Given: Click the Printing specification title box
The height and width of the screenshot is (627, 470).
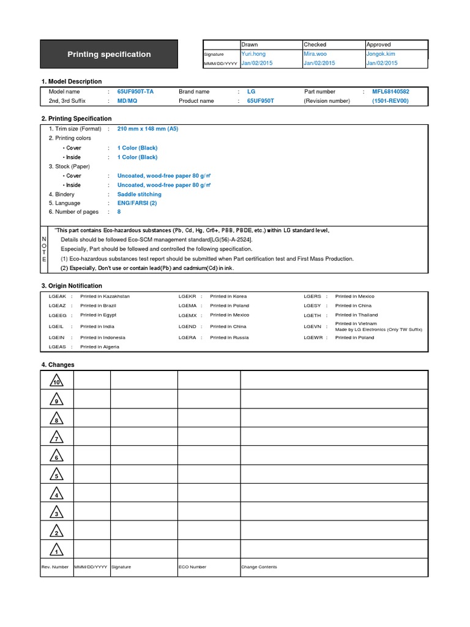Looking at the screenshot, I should tap(109, 54).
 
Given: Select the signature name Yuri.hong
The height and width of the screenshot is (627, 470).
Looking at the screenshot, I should tap(253, 54).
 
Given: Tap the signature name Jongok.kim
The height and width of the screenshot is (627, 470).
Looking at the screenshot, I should tap(381, 54).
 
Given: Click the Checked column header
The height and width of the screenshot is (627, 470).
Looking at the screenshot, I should tap(315, 45).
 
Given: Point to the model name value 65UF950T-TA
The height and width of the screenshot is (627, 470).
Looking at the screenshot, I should tap(135, 91).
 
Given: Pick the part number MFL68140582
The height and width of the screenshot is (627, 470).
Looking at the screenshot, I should tap(390, 91).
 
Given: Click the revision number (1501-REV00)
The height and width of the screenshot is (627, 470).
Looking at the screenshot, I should tap(390, 101).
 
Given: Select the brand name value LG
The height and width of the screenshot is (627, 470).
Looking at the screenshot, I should tap(251, 91).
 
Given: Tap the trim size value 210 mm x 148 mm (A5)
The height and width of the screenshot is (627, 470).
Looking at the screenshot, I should tap(147, 129).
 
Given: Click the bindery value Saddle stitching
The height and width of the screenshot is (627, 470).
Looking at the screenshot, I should tap(139, 194).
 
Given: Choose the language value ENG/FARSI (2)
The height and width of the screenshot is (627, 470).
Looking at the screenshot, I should tap(137, 203).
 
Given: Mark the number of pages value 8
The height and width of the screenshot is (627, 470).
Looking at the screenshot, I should tap(119, 212).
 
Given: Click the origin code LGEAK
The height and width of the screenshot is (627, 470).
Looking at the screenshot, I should tap(57, 296).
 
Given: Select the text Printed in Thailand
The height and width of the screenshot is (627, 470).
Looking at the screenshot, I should tap(356, 315).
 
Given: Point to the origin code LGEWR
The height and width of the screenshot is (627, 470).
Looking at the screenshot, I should tap(312, 337).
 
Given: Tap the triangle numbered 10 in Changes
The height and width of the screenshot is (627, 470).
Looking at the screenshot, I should tap(56, 381).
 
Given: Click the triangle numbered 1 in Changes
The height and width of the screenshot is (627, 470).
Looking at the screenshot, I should tap(56, 550).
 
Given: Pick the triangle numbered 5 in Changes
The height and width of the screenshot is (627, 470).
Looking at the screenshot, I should tap(56, 475).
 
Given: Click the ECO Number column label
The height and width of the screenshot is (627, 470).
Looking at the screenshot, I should tap(192, 567).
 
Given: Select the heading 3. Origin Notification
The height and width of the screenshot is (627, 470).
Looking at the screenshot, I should tap(72, 286).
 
